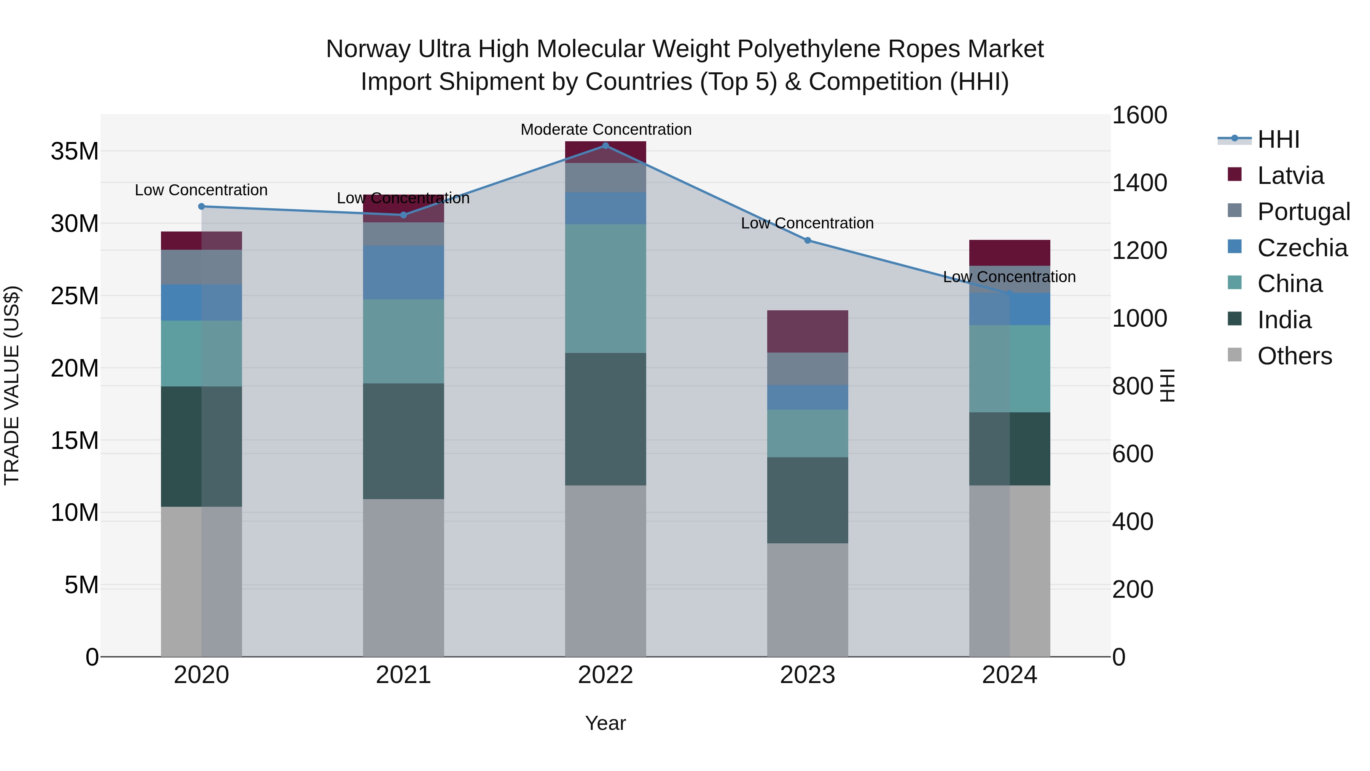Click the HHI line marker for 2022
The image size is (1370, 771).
pos(605,145)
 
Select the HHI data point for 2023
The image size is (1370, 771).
pos(807,241)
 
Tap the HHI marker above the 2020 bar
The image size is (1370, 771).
pos(202,206)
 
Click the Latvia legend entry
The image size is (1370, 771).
pos(1290,176)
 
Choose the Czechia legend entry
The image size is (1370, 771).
pos(1302,248)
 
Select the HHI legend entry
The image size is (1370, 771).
pos(1278,139)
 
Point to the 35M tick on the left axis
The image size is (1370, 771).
pos(75,152)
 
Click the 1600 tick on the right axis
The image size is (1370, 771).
pos(1139,115)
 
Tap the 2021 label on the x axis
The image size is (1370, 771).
pos(403,675)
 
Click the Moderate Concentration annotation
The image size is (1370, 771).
pos(606,129)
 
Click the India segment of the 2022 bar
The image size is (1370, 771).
pos(605,419)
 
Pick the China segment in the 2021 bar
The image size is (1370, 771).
pos(403,341)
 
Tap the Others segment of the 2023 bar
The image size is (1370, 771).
pos(807,600)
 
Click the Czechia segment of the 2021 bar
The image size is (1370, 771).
pos(403,273)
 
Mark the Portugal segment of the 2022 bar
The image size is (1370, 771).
pos(605,178)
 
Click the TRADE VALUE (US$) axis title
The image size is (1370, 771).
pos(12,385)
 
